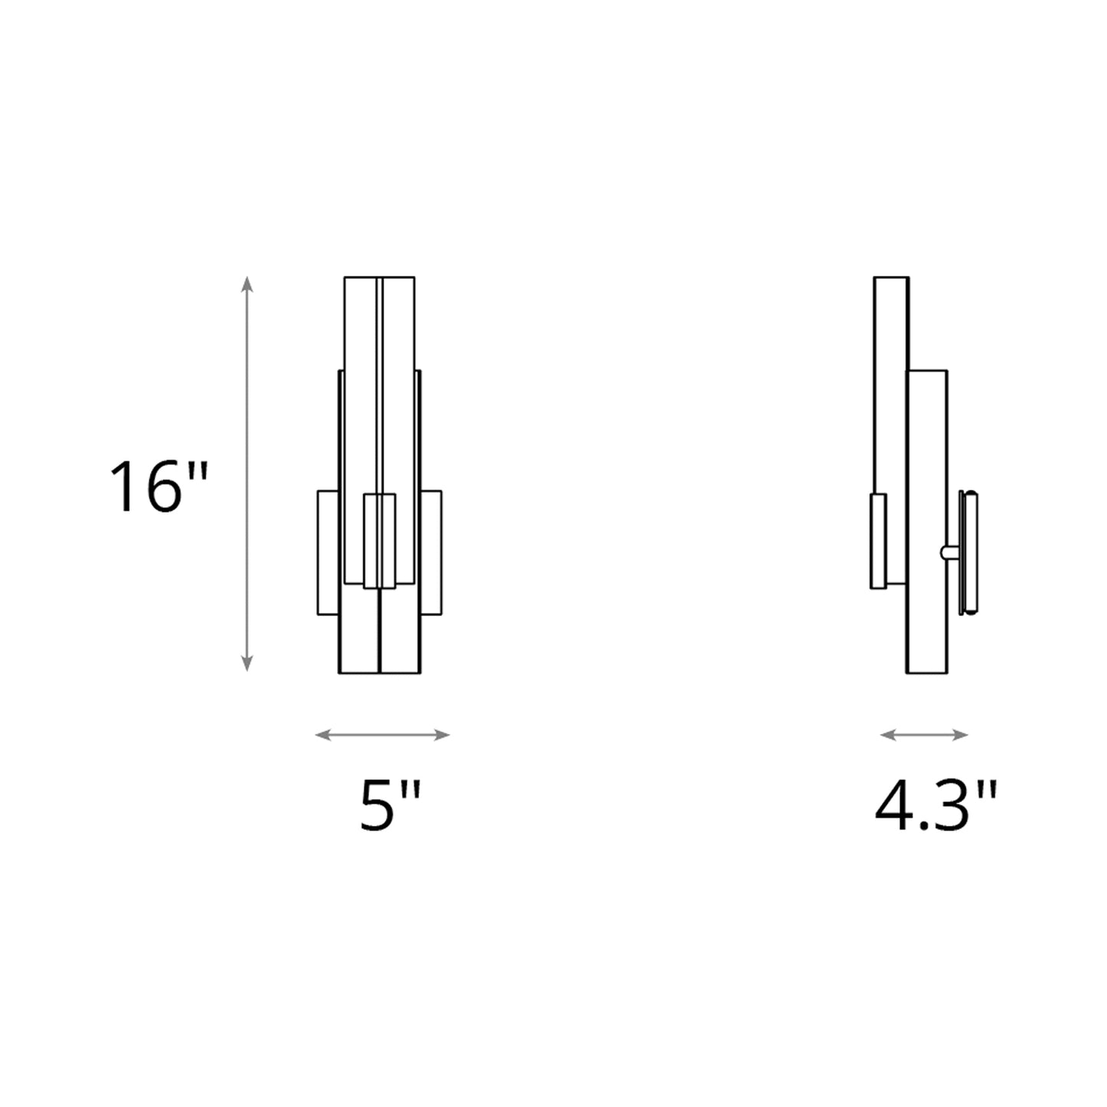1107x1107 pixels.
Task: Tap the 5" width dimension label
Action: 391,805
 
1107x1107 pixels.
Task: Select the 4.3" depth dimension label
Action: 935,805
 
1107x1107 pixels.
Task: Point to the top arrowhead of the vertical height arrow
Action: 247,283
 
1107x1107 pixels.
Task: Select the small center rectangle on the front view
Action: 379,541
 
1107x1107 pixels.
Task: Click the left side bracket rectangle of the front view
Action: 328,552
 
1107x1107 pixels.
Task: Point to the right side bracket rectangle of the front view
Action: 431,552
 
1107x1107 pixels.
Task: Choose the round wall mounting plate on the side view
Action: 969,552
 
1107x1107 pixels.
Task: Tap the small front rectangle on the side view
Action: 878,541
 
